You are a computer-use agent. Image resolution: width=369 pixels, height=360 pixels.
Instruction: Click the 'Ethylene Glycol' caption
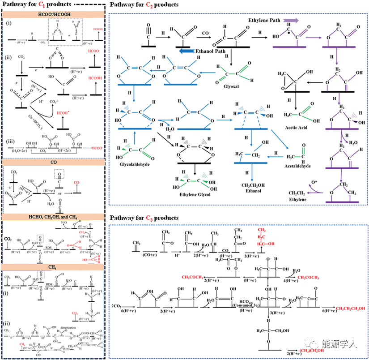(195, 195)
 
